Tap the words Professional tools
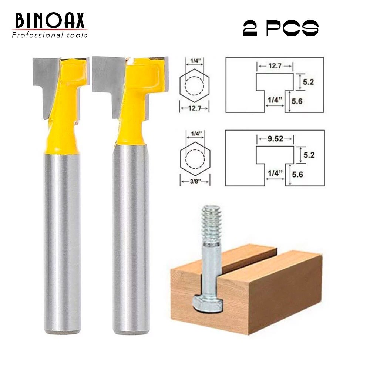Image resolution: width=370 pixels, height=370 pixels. tap(50, 36)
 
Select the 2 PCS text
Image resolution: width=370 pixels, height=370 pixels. tap(280, 28)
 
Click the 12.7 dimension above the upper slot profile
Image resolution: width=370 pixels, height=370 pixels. tap(275, 66)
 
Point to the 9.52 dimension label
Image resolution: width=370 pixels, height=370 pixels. tap(275, 139)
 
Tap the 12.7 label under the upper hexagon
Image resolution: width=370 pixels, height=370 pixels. tap(194, 108)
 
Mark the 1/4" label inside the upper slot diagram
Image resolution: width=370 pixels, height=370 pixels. tap(274, 100)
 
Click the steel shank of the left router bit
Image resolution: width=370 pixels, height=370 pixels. tap(62, 240)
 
